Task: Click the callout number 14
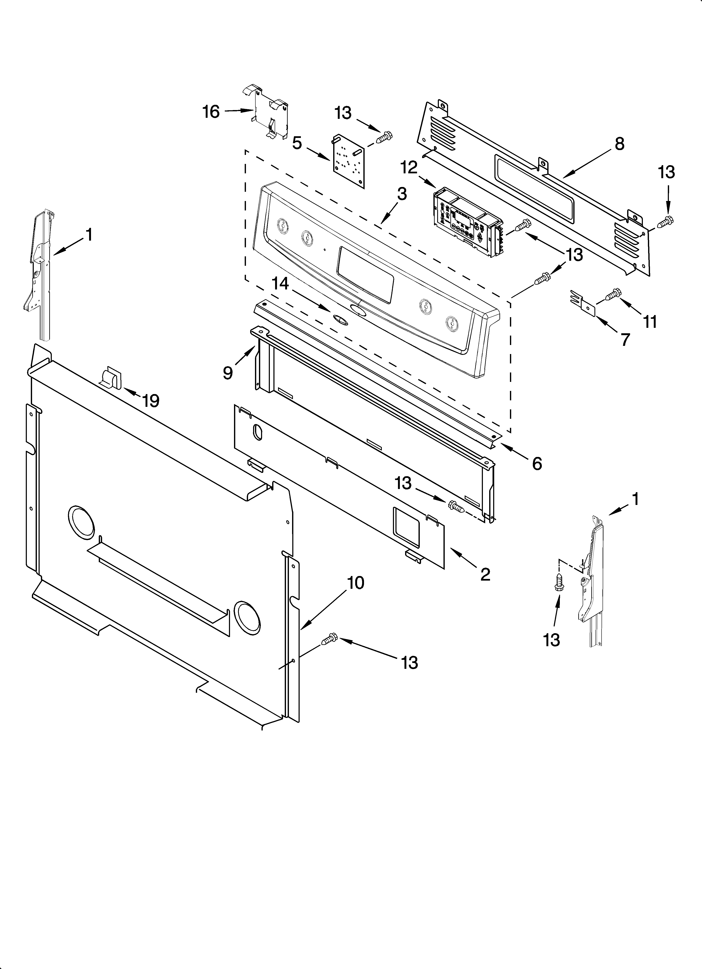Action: [x=281, y=284]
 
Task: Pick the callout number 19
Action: [x=151, y=401]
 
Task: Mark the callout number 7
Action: [x=625, y=340]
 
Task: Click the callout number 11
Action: [x=650, y=321]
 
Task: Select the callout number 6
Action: [x=537, y=463]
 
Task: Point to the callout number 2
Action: [x=485, y=575]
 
